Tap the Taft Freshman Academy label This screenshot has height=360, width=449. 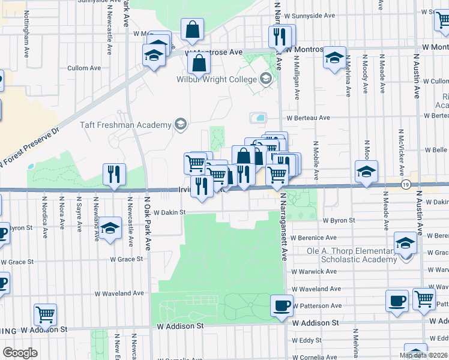pos(126,125)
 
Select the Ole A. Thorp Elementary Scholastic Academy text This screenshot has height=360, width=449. pos(351,255)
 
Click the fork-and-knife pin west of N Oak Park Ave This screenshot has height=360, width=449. pos(114,174)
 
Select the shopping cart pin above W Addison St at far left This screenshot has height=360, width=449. pos(46,314)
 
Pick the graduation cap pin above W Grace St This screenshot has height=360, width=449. pos(109,228)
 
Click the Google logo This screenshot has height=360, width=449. pos(20,353)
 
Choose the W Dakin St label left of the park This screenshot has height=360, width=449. pos(170,212)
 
